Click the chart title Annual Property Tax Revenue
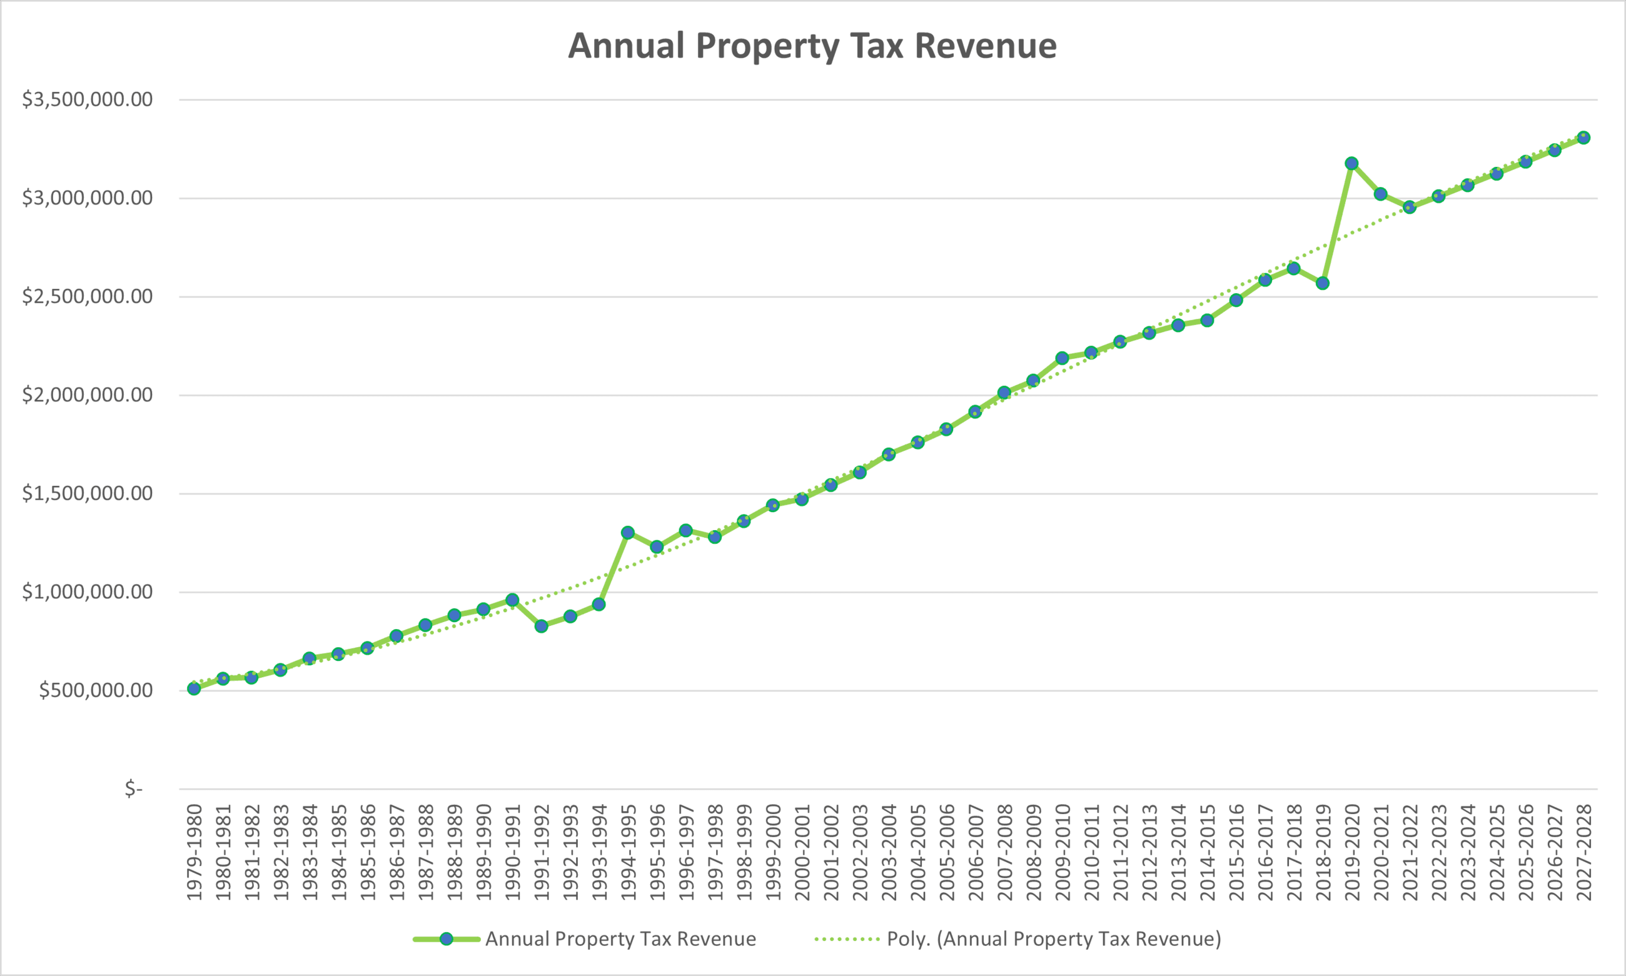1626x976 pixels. [812, 46]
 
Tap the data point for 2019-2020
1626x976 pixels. [1351, 163]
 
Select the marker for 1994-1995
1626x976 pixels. [627, 533]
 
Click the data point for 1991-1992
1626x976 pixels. [542, 626]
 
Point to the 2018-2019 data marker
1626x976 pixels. [1323, 283]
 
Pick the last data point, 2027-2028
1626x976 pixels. [1584, 138]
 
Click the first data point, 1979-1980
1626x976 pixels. [194, 688]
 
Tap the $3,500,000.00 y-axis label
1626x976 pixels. [88, 99]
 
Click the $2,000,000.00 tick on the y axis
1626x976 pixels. [88, 395]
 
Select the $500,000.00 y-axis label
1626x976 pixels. [96, 690]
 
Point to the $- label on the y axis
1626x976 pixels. [134, 788]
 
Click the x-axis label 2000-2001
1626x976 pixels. [802, 852]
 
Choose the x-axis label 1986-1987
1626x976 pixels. [396, 852]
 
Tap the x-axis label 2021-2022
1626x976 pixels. [1410, 852]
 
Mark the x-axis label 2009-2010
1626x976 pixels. [1063, 852]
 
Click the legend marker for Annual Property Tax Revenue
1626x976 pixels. [447, 939]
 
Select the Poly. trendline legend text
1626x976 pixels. [1054, 939]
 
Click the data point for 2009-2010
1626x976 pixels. [1063, 358]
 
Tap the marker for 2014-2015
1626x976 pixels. [1207, 320]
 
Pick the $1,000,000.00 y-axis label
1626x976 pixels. [88, 592]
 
